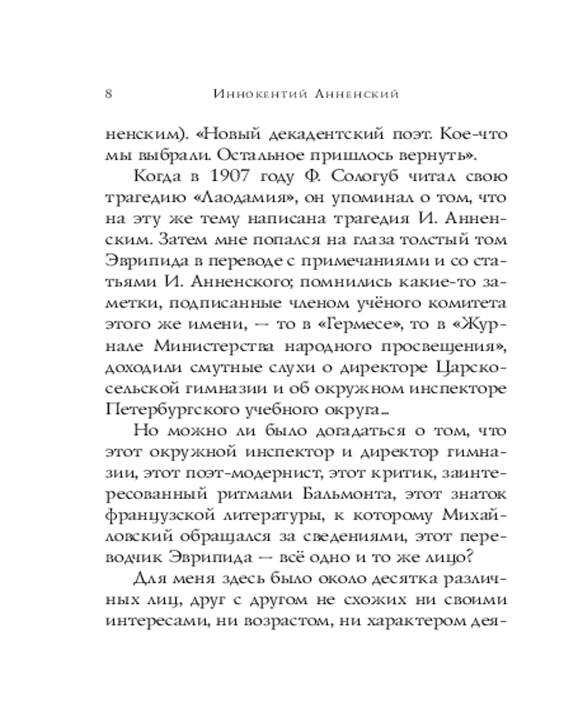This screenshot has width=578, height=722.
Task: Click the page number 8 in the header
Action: [108, 94]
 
